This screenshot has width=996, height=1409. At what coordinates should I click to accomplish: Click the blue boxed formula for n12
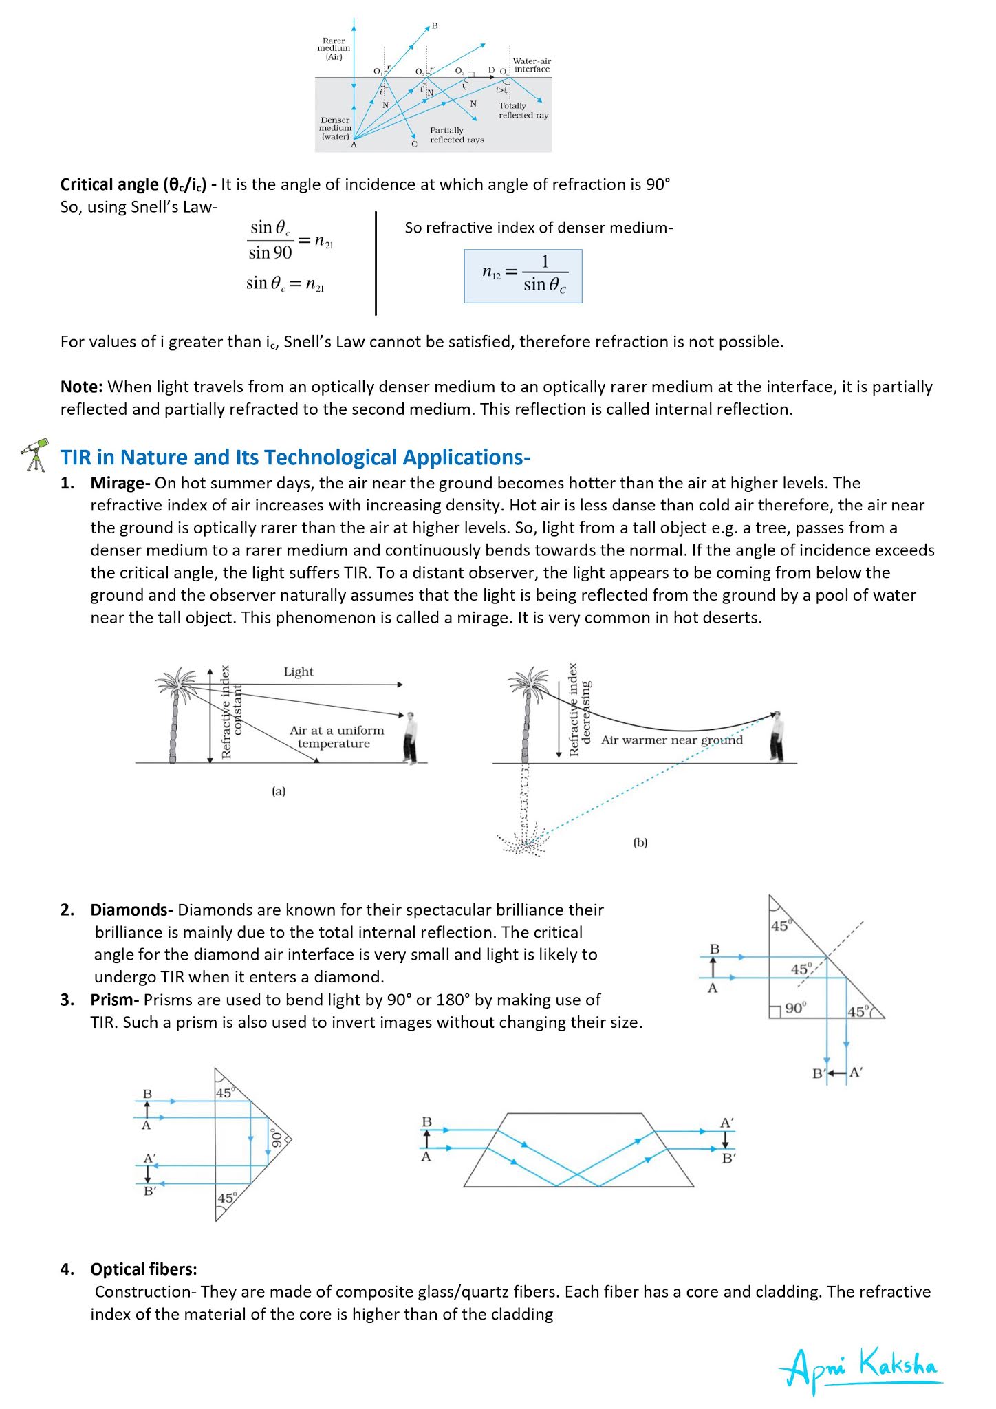click(x=523, y=276)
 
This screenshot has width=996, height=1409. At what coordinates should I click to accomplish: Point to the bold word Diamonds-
click(x=131, y=910)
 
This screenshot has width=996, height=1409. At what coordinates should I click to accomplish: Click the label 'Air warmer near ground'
click(x=671, y=740)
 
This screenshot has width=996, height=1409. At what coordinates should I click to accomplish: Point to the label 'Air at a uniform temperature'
click(x=336, y=737)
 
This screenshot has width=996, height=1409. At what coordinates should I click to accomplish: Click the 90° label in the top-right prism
click(x=794, y=1008)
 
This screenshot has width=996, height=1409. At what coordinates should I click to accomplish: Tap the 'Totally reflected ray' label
click(x=523, y=110)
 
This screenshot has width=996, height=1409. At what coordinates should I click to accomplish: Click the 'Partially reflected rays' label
click(x=456, y=135)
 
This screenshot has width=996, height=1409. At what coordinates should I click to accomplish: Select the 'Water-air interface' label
click(x=532, y=65)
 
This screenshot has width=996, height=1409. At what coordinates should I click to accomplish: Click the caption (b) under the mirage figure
click(x=640, y=842)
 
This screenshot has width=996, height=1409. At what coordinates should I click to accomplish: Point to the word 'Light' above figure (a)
click(x=298, y=671)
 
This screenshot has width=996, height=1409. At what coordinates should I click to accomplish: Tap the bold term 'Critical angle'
click(x=109, y=184)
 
